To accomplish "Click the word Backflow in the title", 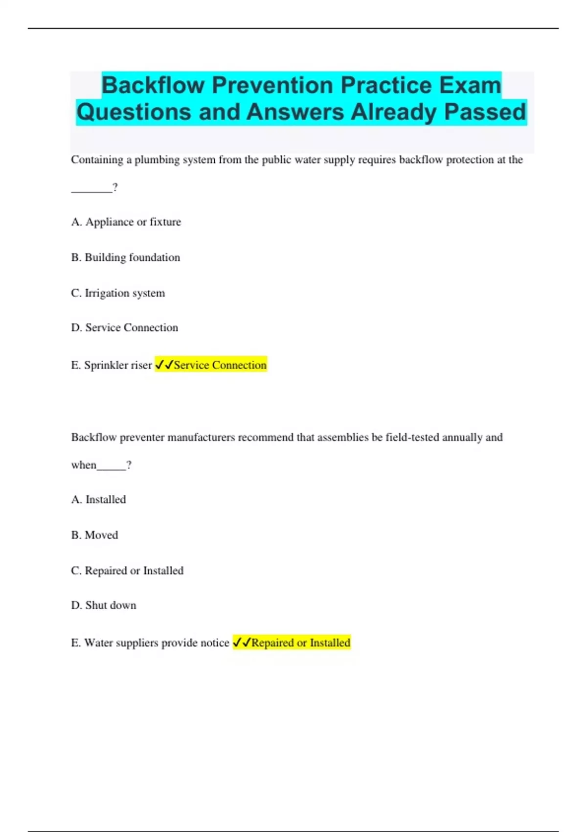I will point(153,85).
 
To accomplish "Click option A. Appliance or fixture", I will point(126,222).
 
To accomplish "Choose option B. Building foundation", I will point(125,257).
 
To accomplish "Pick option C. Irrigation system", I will point(118,293).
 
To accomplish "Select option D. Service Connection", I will point(124,327).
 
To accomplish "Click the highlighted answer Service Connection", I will point(220,365).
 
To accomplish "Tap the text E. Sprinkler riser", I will point(111,365).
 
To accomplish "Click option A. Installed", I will point(98,499).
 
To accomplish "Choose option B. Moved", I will point(94,535).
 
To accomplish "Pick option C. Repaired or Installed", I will point(127,570).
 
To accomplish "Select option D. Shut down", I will point(104,605).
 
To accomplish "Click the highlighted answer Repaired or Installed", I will point(300,643).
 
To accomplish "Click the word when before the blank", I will point(84,465).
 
